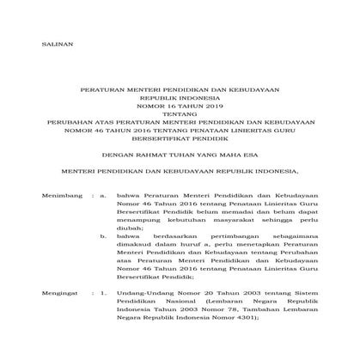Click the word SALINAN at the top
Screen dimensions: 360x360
pyautogui.click(x=59, y=43)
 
